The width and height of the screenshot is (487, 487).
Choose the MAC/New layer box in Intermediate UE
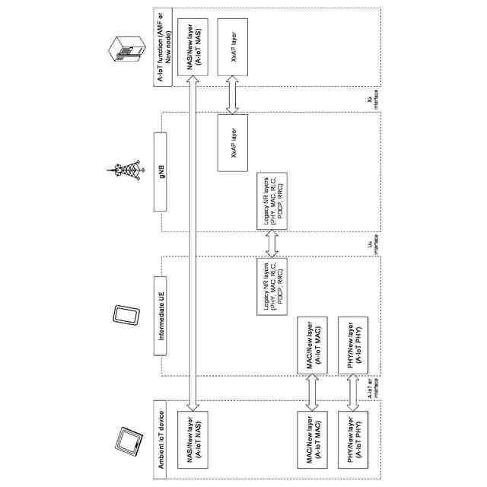(x=311, y=342)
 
